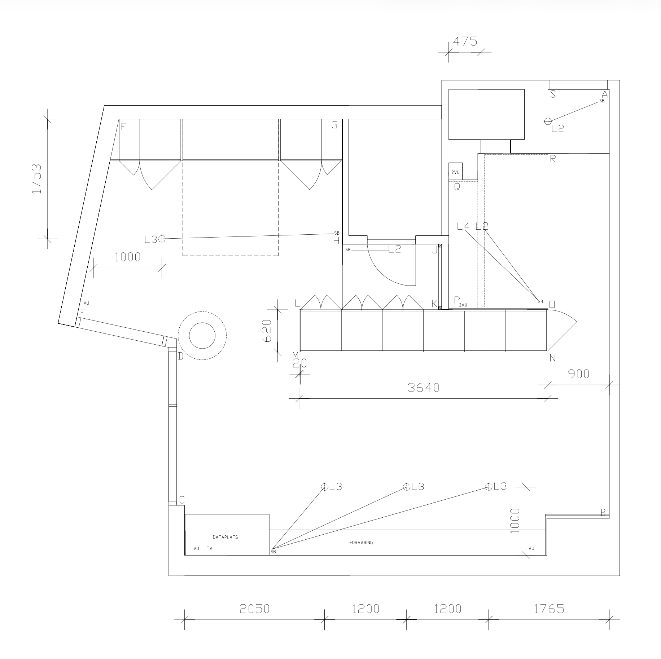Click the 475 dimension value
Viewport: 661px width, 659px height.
(x=465, y=41)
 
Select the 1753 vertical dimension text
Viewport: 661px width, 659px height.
(x=36, y=179)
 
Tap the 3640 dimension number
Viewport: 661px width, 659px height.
(x=424, y=388)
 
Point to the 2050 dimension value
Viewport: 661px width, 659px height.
(x=255, y=609)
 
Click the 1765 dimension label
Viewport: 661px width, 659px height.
(x=548, y=609)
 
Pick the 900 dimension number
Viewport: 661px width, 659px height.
(x=579, y=374)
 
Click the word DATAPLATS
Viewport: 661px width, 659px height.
(x=226, y=537)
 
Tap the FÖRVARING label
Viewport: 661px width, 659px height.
(x=361, y=543)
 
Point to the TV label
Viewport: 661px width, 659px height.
(x=210, y=549)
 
